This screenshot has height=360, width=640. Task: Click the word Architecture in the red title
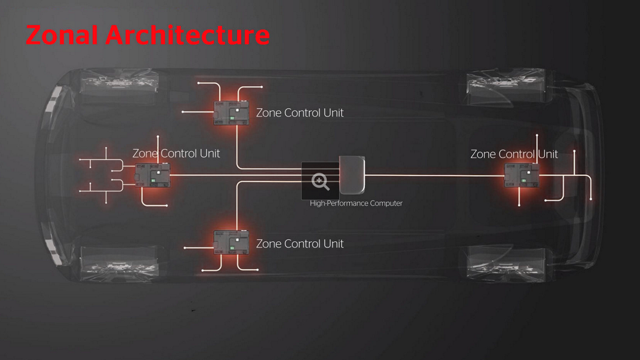(187, 35)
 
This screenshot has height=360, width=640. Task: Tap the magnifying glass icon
(321, 182)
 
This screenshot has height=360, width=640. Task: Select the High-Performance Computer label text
(356, 203)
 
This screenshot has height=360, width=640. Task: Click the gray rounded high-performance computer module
(353, 175)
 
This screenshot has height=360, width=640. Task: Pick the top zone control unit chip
(231, 113)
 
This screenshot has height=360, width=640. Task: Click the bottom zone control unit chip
(231, 242)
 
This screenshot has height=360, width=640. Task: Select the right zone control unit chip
(521, 175)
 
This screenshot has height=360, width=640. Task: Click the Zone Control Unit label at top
(300, 113)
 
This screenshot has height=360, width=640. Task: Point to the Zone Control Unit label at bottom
(300, 244)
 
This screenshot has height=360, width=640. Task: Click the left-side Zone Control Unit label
(176, 153)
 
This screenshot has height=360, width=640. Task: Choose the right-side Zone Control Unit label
(514, 154)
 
